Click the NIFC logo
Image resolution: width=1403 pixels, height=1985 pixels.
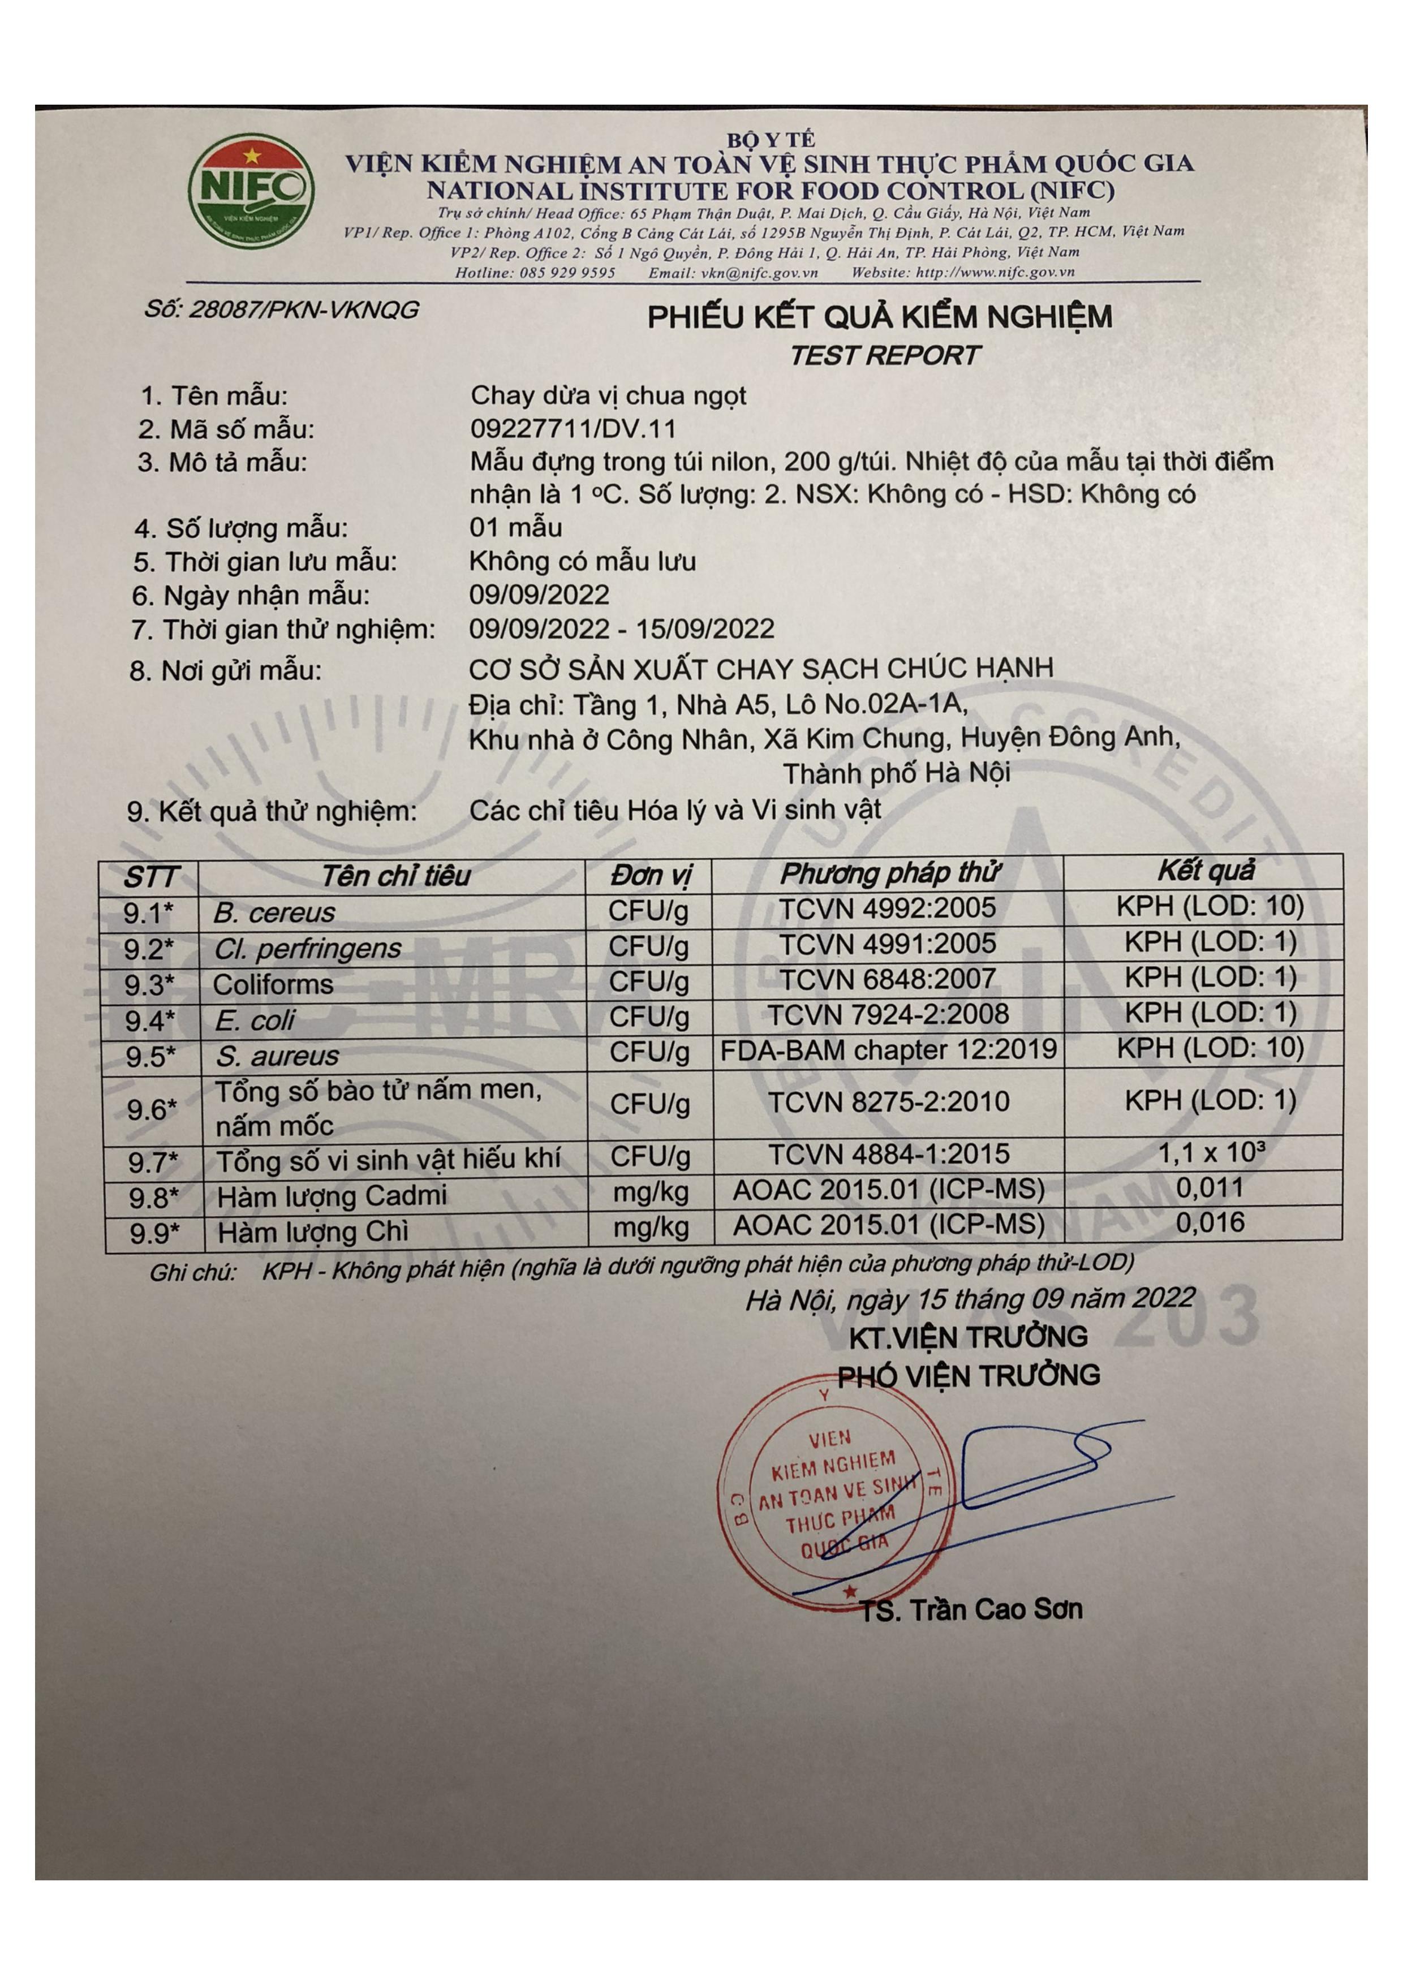tap(251, 192)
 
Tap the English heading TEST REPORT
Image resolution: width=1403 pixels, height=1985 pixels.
tap(884, 355)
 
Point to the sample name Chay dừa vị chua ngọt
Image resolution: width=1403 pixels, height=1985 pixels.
tap(608, 396)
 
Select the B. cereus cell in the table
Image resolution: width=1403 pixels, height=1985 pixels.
tap(274, 912)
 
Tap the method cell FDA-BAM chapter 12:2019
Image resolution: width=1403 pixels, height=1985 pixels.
tap(889, 1049)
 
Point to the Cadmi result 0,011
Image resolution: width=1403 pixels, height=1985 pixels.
tap(1210, 1188)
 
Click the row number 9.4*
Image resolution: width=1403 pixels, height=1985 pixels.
tap(149, 1021)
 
